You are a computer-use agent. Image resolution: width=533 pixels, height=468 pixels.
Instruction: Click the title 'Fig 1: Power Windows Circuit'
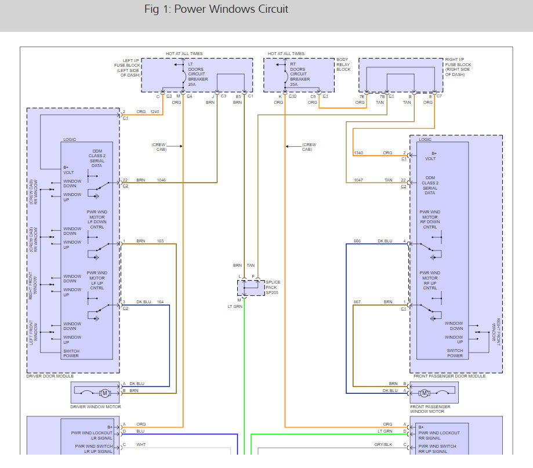point(216,9)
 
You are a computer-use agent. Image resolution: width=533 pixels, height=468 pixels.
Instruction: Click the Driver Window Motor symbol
point(105,393)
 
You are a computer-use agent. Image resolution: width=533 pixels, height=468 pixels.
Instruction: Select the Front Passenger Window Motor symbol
point(424,393)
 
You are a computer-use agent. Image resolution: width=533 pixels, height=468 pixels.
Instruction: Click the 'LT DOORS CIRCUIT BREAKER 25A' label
point(200,74)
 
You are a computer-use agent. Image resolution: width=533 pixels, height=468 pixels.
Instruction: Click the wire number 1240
point(154,111)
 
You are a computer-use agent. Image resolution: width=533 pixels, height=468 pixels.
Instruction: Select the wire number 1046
point(161,180)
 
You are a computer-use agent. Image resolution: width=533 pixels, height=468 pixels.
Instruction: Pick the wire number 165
point(159,241)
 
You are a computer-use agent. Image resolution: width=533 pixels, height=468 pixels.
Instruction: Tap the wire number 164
point(160,302)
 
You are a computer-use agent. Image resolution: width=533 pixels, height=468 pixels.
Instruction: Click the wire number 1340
point(359,153)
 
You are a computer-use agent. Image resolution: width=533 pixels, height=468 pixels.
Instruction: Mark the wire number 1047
point(359,180)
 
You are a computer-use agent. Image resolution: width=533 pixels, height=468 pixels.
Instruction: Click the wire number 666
point(357,241)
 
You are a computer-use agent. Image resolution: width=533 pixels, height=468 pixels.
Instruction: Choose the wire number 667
point(357,302)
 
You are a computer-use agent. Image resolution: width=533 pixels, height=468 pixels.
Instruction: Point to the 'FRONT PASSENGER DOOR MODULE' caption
point(449,376)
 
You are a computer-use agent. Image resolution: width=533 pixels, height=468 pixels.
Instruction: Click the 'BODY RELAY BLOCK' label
point(343,64)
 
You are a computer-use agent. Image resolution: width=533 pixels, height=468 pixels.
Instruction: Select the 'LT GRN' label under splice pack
point(234,306)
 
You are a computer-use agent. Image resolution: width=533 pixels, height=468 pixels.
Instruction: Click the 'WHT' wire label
point(141,445)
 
